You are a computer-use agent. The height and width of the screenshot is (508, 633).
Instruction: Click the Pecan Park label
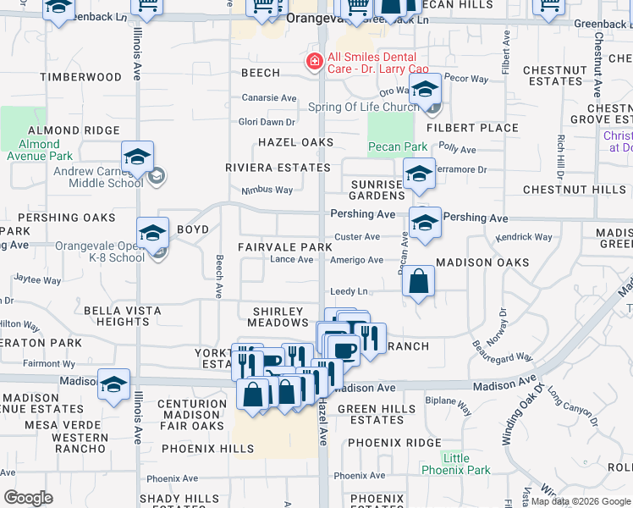click(397, 146)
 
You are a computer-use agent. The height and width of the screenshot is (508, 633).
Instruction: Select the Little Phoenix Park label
click(456, 464)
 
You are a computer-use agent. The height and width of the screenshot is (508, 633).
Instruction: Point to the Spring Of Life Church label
click(364, 107)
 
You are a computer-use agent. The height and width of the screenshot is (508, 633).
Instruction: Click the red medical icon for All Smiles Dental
click(314, 61)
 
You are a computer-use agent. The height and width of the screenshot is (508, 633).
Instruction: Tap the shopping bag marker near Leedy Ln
click(419, 282)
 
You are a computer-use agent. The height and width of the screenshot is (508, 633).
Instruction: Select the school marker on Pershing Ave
click(425, 223)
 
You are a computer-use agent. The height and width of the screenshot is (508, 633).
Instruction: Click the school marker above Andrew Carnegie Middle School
click(137, 157)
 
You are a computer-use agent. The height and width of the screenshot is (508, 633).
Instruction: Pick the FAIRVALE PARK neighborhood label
click(283, 246)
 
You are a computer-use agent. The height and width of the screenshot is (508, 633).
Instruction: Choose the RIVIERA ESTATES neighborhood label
click(278, 168)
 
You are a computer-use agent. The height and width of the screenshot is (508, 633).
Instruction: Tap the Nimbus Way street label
click(267, 190)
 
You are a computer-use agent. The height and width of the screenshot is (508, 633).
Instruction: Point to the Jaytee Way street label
click(37, 279)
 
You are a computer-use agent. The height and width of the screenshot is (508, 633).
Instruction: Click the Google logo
click(28, 498)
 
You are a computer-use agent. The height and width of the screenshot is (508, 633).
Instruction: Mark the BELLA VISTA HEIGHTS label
click(123, 316)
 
